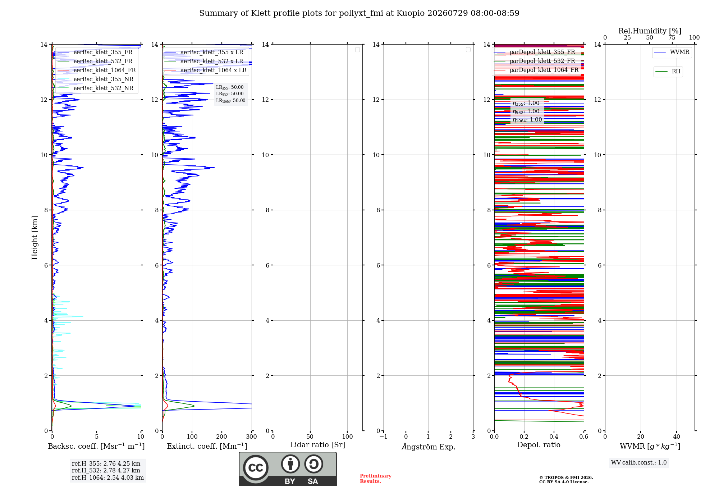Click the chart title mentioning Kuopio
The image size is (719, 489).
359,13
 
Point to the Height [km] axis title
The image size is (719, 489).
35,238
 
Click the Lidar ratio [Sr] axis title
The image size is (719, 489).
317,445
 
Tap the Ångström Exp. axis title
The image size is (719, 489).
429,447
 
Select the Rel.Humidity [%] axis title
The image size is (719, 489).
650,31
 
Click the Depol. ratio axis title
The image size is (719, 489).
539,445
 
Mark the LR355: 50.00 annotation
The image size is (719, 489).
230,87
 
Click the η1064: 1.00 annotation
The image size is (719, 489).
527,120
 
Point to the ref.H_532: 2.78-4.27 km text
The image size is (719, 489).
106,470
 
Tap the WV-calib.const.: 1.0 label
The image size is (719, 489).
639,463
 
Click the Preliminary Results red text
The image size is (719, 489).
376,479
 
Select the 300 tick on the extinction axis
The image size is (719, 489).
252,437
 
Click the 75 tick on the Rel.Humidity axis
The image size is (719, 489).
672,37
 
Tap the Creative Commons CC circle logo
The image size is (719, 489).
256,468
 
